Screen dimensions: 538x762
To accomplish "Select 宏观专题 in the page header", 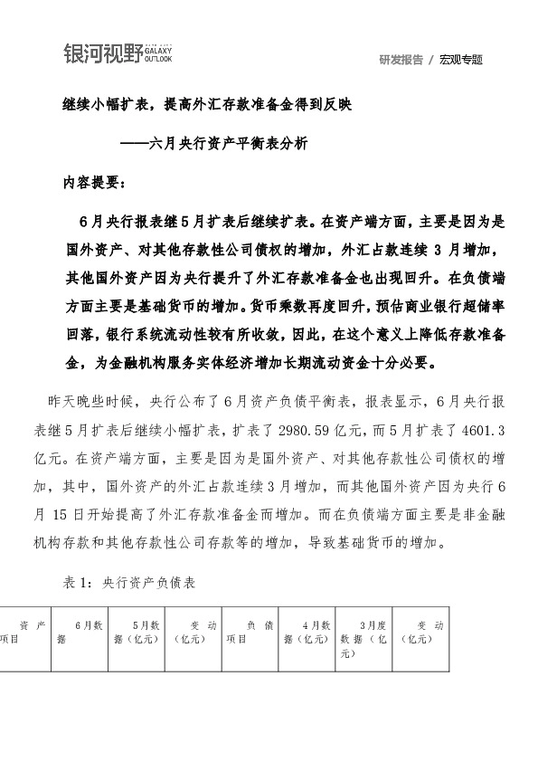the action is coord(461,60).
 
